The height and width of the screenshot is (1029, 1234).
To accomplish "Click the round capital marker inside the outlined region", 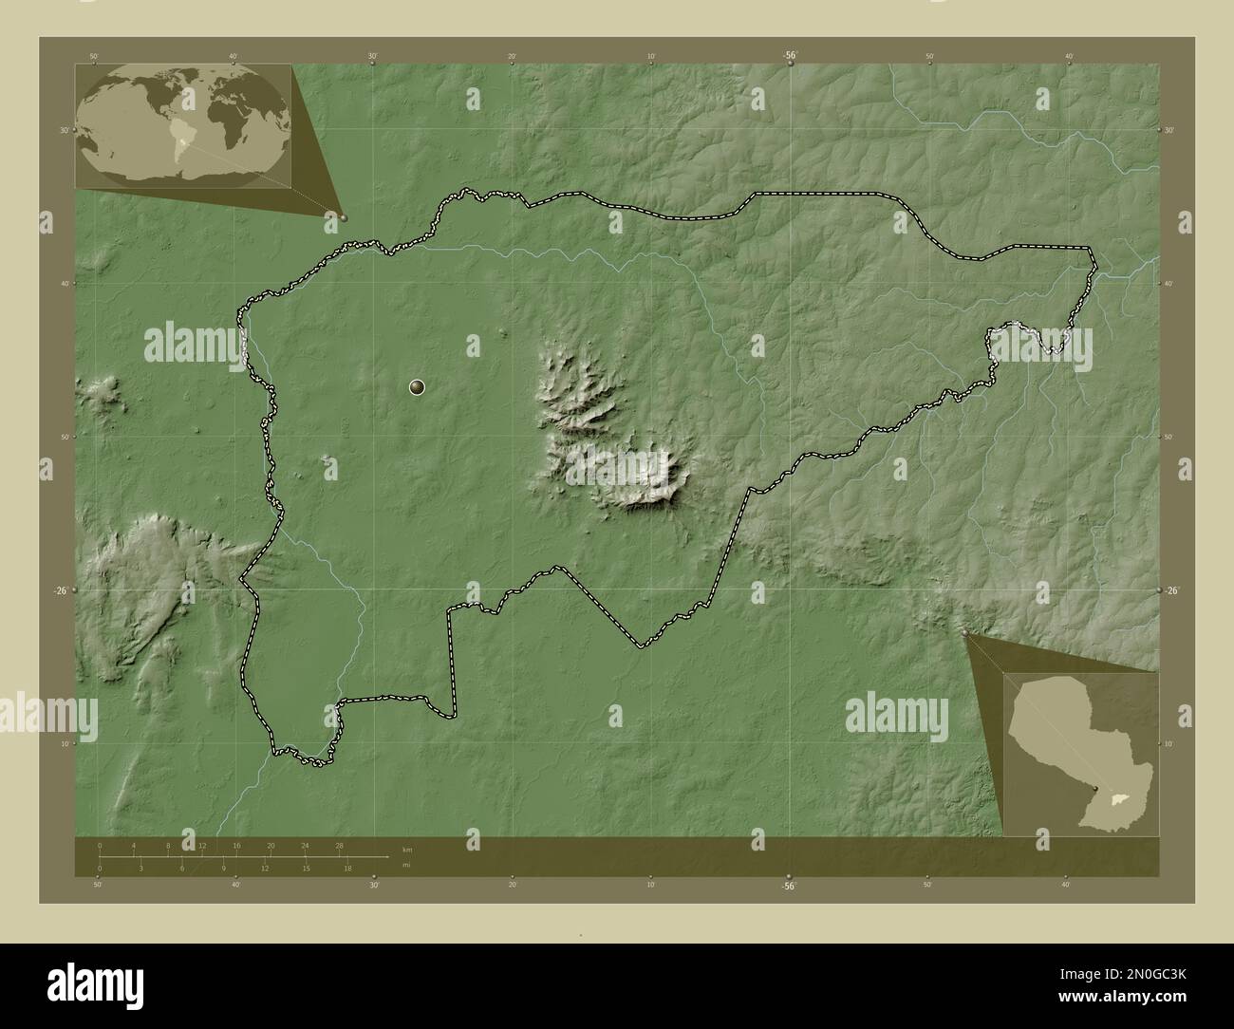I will pyautogui.click(x=417, y=386).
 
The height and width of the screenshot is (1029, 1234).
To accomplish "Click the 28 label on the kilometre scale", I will pyautogui.click(x=339, y=845).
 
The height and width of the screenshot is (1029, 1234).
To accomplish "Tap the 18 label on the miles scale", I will pyautogui.click(x=348, y=868).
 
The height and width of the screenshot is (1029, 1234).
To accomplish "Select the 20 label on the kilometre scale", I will pyautogui.click(x=271, y=845).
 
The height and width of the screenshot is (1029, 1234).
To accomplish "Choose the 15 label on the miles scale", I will pyautogui.click(x=307, y=868).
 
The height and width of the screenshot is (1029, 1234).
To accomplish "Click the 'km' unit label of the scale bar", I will pyautogui.click(x=407, y=850).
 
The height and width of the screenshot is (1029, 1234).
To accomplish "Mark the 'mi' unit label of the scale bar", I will pyautogui.click(x=406, y=866).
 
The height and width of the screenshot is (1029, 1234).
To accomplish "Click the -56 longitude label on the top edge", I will pyautogui.click(x=790, y=56).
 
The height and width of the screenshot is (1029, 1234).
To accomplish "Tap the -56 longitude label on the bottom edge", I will pyautogui.click(x=788, y=885).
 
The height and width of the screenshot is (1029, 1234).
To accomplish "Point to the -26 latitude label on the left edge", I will pyautogui.click(x=59, y=590).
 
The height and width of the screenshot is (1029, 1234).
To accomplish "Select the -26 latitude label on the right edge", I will pyautogui.click(x=1173, y=590).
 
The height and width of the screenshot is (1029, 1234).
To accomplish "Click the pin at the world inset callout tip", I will pyautogui.click(x=344, y=217).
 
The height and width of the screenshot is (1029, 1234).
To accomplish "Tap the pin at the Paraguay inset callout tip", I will pyautogui.click(x=966, y=632).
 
